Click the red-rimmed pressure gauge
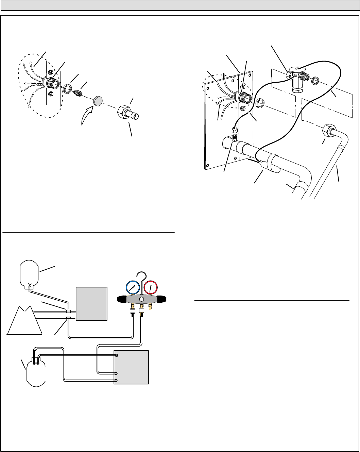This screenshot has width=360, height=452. [x=150, y=288]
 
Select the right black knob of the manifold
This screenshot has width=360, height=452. [x=161, y=299]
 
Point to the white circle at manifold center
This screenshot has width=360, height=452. [x=141, y=299]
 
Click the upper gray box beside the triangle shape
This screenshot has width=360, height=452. [x=91, y=304]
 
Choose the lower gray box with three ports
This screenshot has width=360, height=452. [x=131, y=367]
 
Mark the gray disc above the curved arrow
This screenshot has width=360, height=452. [x=98, y=101]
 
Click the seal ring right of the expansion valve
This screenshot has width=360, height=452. [x=315, y=81]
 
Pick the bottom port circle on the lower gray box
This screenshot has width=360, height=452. [x=116, y=381]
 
